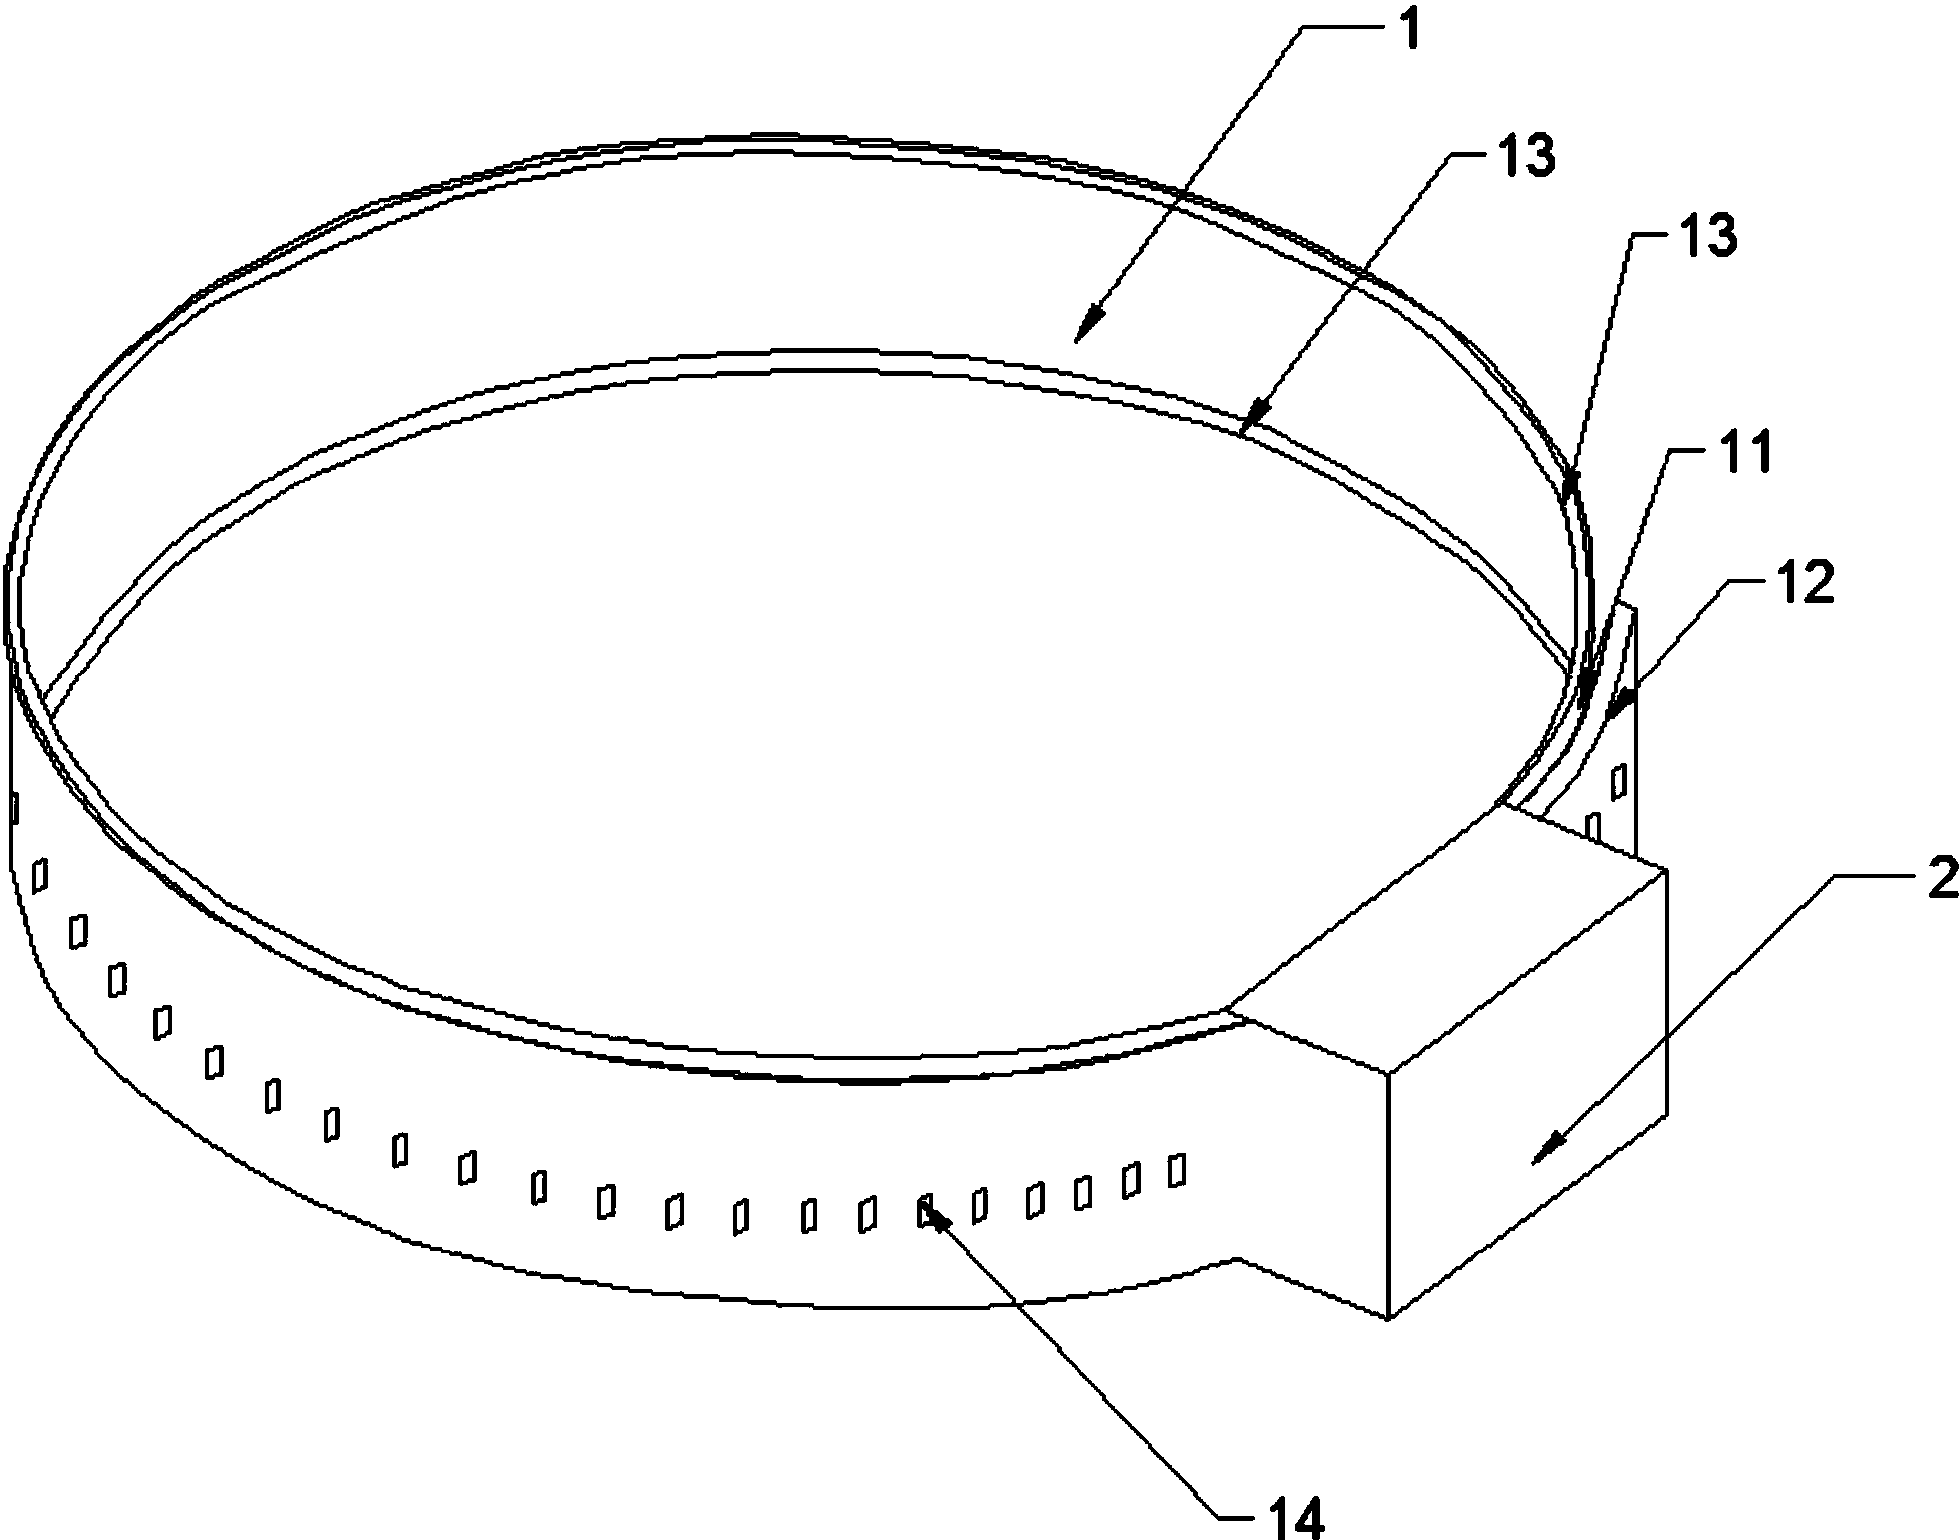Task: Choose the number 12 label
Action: click(1805, 584)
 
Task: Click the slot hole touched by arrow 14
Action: click(925, 1212)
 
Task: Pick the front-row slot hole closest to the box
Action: click(1177, 1170)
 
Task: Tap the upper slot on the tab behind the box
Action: click(1619, 781)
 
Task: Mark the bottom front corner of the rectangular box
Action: click(1387, 1318)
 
